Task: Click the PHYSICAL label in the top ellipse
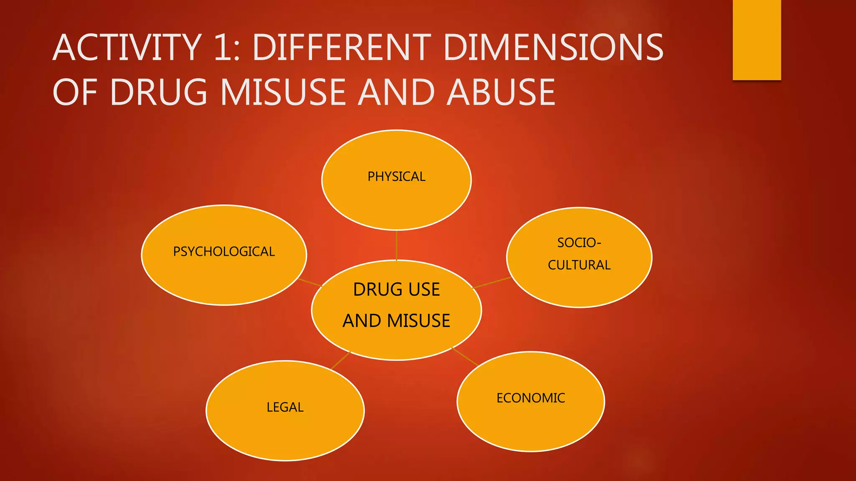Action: click(x=396, y=177)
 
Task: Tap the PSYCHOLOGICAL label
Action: click(x=224, y=251)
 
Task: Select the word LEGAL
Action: click(x=285, y=407)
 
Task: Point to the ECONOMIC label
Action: click(x=530, y=398)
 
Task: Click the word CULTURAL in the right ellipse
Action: click(x=579, y=265)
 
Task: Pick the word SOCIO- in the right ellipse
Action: click(x=579, y=243)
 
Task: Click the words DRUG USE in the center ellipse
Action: click(x=396, y=289)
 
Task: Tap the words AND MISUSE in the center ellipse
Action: click(x=396, y=321)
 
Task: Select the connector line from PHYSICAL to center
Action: click(x=396, y=245)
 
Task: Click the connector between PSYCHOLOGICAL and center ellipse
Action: click(x=310, y=283)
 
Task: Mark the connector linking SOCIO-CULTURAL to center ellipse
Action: click(x=492, y=283)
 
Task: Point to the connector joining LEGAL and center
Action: click(x=341, y=360)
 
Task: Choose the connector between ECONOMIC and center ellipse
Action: click(x=465, y=357)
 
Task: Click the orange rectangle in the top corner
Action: click(x=757, y=40)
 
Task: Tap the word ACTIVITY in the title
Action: click(x=127, y=48)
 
